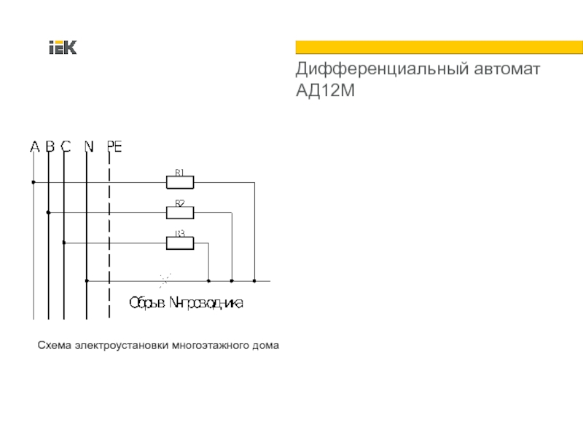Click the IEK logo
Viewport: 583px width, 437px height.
click(x=63, y=48)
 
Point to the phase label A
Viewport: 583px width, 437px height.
click(x=34, y=147)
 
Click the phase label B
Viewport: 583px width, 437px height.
click(x=50, y=147)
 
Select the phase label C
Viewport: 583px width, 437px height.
click(x=65, y=147)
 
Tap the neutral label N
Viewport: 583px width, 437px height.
click(x=88, y=147)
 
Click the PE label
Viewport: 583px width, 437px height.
click(x=114, y=147)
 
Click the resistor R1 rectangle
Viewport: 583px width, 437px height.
click(x=180, y=182)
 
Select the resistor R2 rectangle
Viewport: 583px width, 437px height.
click(x=180, y=213)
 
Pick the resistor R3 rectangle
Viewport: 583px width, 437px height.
click(x=180, y=243)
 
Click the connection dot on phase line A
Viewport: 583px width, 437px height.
click(x=33, y=182)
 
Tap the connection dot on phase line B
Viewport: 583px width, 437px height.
click(x=48, y=213)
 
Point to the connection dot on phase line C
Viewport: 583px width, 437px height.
click(x=64, y=243)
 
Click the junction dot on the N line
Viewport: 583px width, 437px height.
click(x=87, y=280)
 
